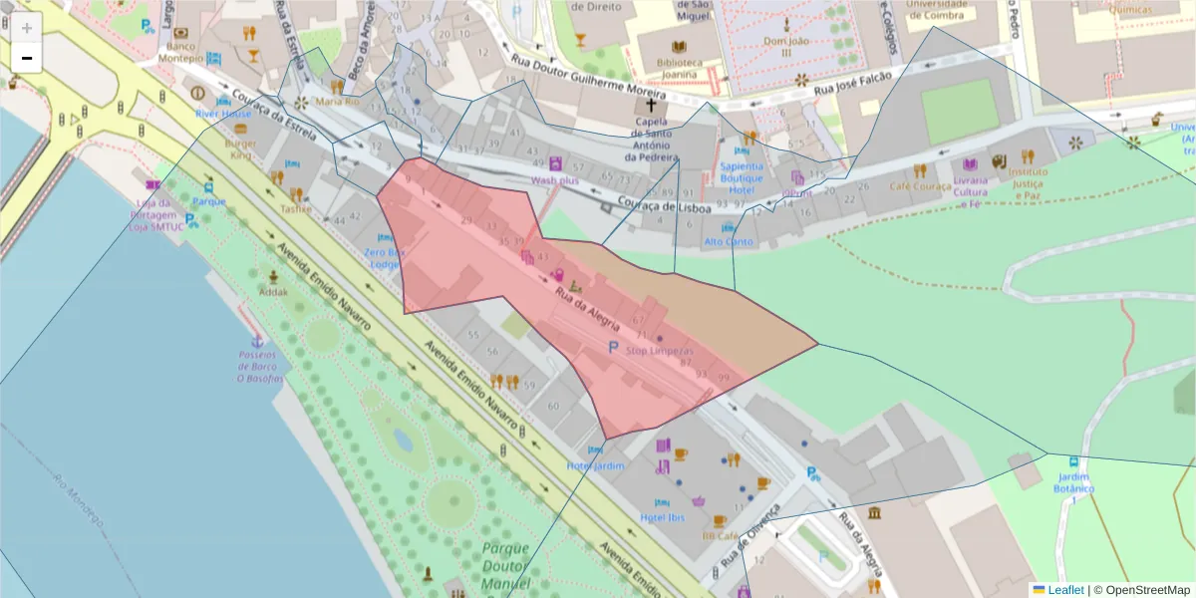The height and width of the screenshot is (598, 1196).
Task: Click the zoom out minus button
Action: (27, 58)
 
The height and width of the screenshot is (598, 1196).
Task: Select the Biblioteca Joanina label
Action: (679, 68)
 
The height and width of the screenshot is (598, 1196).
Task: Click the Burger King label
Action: (243, 149)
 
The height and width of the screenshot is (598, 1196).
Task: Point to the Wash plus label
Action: (555, 180)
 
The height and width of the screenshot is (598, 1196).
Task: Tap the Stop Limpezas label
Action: (659, 351)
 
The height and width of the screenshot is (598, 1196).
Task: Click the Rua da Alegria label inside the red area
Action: (588, 310)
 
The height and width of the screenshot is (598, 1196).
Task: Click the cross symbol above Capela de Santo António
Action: (652, 105)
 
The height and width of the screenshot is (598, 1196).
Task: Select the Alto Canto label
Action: (729, 241)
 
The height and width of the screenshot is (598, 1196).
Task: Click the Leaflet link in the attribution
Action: (1065, 590)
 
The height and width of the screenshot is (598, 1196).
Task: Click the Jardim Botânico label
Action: (1073, 483)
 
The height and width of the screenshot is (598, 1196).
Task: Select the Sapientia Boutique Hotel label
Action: (742, 177)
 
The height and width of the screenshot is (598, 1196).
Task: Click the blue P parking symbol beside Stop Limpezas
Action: (613, 346)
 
